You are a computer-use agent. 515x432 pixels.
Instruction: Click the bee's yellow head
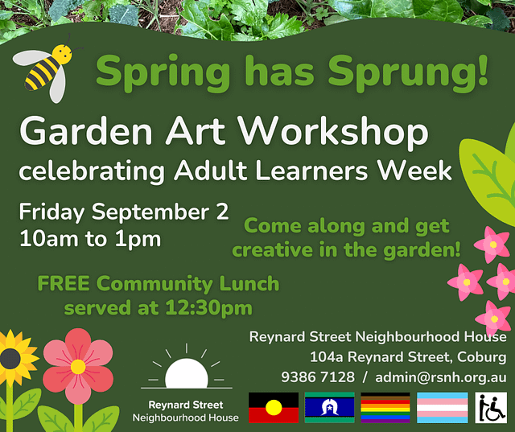click(62, 54)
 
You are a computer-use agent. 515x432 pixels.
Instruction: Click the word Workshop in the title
click(333, 132)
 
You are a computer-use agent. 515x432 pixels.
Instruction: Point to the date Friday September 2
click(123, 212)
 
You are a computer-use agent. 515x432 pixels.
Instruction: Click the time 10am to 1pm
click(90, 239)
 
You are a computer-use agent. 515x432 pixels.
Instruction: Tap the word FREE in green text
click(64, 284)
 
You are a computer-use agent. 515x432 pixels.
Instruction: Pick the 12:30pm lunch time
click(208, 308)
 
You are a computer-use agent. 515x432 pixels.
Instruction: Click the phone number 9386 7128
click(318, 377)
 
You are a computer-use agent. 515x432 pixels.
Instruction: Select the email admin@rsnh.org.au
click(441, 377)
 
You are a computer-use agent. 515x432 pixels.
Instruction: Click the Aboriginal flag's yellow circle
click(274, 408)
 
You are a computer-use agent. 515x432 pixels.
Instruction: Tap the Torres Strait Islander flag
click(329, 407)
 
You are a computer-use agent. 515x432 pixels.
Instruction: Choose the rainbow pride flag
click(385, 407)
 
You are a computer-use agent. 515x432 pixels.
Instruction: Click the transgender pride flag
click(442, 407)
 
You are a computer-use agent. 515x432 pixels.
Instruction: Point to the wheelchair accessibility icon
click(491, 407)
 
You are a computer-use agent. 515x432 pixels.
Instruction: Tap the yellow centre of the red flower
click(78, 367)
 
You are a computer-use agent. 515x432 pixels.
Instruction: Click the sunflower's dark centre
click(10, 359)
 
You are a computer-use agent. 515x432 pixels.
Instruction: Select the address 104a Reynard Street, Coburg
click(408, 357)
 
